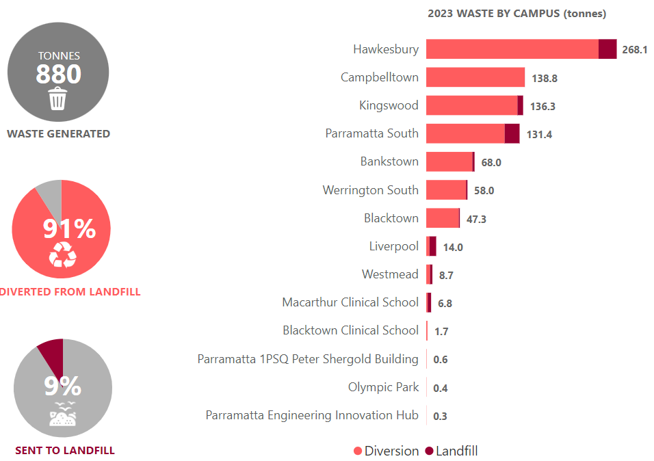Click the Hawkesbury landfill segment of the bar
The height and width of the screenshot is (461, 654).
point(607,49)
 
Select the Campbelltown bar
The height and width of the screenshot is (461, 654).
point(475,77)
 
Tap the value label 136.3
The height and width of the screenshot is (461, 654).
point(542,107)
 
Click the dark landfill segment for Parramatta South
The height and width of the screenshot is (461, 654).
point(512,133)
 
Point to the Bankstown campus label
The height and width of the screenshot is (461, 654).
point(389,162)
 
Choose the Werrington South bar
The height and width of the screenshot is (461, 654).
point(446,190)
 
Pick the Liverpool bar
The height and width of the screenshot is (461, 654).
point(432,246)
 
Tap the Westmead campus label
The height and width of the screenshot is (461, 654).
point(390,274)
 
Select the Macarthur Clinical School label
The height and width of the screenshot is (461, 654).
point(350,302)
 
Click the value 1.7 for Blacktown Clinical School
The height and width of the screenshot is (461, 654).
point(441,332)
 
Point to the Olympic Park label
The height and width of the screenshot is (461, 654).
point(383,387)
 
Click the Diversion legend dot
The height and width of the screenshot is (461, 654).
point(358,451)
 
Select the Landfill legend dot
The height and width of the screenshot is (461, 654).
point(429,451)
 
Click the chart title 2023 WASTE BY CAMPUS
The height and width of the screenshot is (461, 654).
point(516,14)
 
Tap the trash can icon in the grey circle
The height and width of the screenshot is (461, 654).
point(58,99)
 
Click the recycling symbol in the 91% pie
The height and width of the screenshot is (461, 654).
point(62,255)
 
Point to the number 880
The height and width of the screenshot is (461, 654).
point(58,74)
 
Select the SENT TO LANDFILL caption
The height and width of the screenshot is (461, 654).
point(65,450)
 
